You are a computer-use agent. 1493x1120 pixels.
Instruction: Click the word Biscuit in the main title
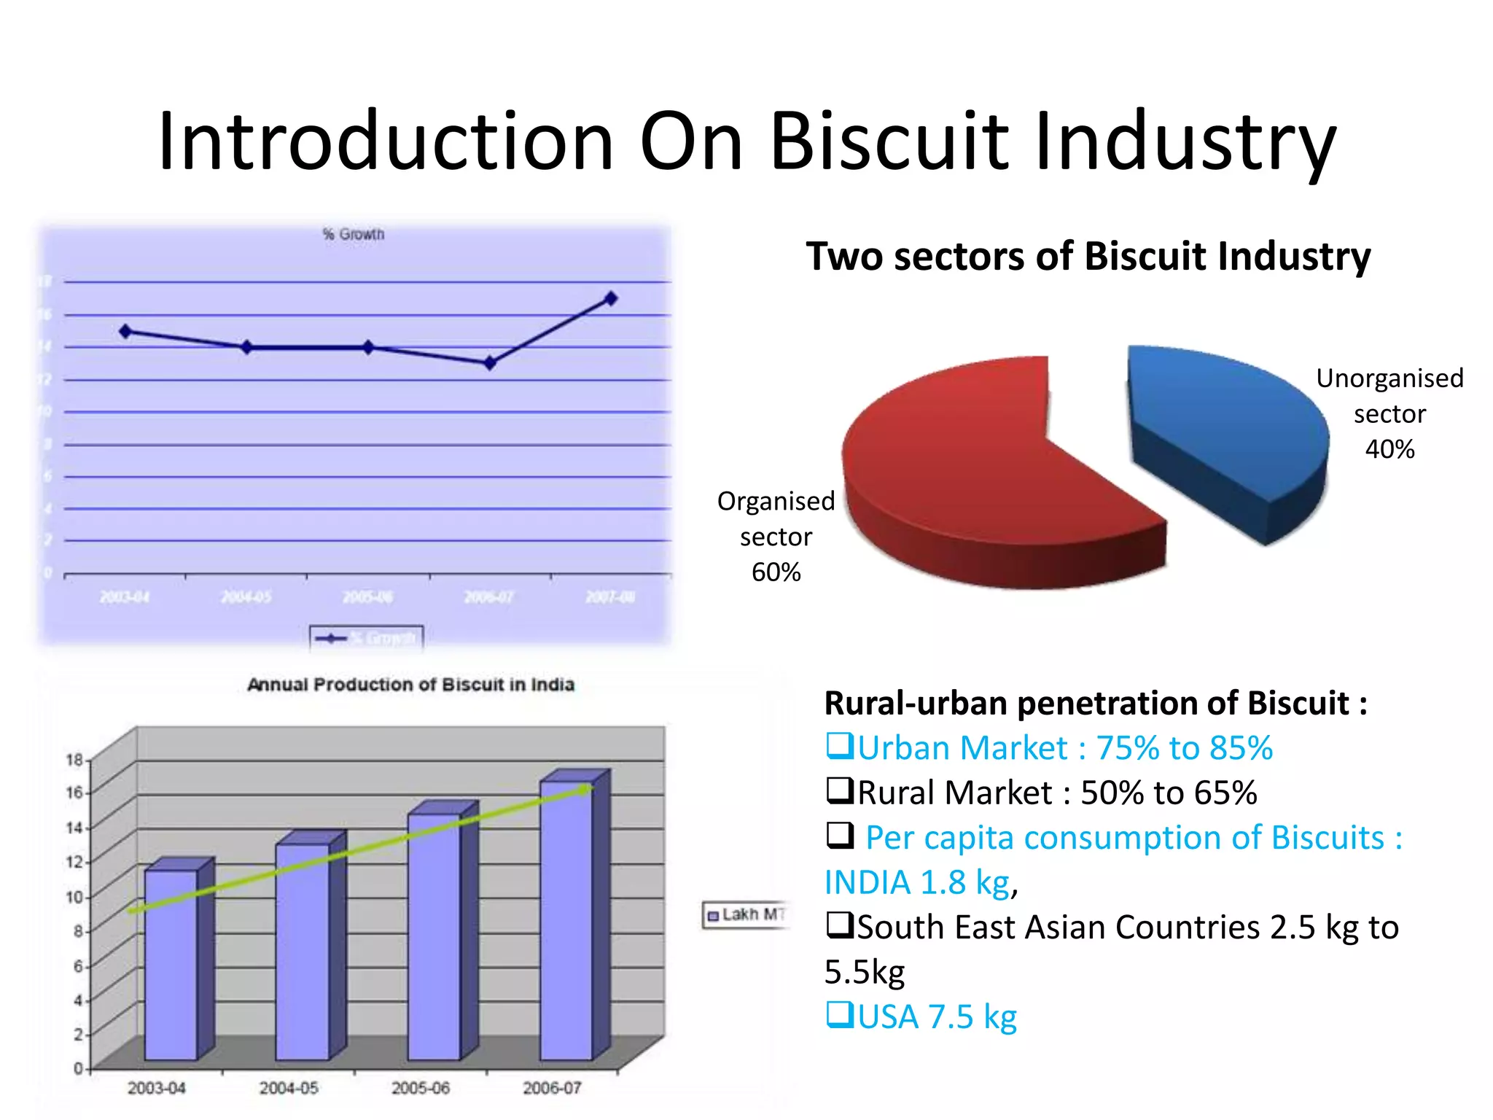(x=889, y=141)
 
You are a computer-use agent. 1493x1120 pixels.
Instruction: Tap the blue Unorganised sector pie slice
(x=1225, y=423)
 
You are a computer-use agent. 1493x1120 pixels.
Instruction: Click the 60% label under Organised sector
(x=776, y=572)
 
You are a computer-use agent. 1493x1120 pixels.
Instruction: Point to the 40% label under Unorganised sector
(x=1389, y=449)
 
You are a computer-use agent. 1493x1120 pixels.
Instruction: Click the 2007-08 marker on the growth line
(x=611, y=298)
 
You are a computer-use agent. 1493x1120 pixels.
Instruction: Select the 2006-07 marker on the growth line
(x=490, y=362)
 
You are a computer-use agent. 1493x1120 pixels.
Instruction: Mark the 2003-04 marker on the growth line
(x=125, y=331)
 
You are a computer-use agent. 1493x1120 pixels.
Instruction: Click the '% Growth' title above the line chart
(x=354, y=235)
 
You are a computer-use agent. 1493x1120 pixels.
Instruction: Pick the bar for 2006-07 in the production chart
(x=566, y=919)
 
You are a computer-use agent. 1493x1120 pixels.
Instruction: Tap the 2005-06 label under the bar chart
(x=420, y=1088)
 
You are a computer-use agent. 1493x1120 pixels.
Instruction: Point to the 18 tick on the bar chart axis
(x=74, y=760)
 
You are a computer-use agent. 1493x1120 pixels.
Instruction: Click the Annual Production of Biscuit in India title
(x=410, y=685)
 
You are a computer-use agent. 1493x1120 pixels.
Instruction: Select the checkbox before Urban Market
(x=839, y=746)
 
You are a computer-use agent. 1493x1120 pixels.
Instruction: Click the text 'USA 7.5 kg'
(x=937, y=1017)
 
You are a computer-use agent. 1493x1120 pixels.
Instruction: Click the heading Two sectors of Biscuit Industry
(x=1088, y=257)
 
